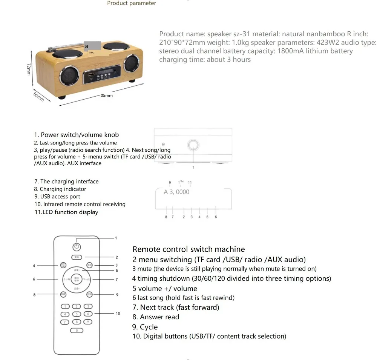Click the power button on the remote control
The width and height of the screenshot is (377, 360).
[x=77, y=247]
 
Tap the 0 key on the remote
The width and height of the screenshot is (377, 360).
[x=77, y=331]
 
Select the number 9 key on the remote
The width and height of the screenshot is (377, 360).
[x=88, y=322]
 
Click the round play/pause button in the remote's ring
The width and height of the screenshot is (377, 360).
[x=77, y=280]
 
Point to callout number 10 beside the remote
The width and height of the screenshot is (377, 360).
[x=118, y=314]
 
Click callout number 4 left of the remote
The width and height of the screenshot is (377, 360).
[x=34, y=266]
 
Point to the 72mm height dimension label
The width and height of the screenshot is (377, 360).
[x=28, y=69]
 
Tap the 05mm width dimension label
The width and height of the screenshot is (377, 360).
[x=106, y=96]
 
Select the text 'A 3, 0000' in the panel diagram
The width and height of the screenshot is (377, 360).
[x=176, y=192]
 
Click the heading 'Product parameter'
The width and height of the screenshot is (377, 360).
[x=132, y=3]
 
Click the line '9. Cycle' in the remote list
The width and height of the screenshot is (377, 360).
[x=145, y=327]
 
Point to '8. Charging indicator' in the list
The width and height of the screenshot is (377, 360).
[x=60, y=189]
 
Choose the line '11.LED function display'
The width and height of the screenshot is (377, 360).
[x=66, y=212]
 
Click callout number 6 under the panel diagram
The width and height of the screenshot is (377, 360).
[x=216, y=217]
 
